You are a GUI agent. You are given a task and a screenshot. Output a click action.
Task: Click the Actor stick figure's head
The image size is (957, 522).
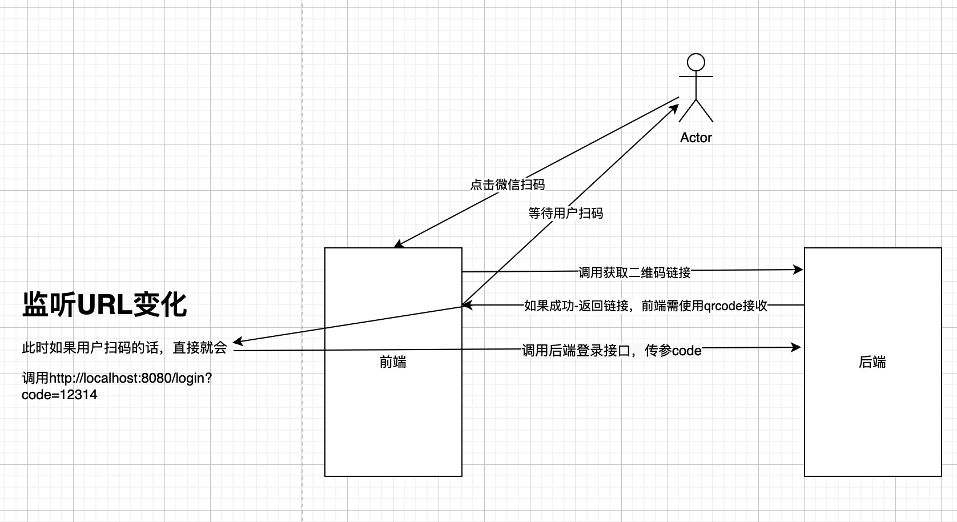click(x=695, y=62)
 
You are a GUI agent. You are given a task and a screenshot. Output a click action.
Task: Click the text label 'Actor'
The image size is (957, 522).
click(x=695, y=138)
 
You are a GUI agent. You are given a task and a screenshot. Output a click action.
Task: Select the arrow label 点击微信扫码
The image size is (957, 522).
click(x=507, y=184)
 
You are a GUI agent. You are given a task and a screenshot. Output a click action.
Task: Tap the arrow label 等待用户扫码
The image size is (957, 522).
click(x=565, y=213)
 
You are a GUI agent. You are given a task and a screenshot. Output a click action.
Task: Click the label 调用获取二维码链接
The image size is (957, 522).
click(x=634, y=272)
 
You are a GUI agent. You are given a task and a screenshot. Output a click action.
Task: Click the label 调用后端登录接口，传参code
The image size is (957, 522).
click(x=612, y=350)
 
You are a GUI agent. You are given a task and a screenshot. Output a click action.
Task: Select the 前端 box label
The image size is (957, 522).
click(x=393, y=362)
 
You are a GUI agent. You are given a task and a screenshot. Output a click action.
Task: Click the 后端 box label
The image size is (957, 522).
click(x=872, y=362)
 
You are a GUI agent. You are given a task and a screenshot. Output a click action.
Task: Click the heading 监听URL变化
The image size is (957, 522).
click(x=104, y=304)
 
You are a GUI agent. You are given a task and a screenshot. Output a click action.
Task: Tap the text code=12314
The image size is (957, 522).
click(x=59, y=395)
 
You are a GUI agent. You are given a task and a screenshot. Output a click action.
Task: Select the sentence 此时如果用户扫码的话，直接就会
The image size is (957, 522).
click(x=124, y=348)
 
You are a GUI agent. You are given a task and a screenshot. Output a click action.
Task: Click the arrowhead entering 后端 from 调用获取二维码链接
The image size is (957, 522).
click(x=799, y=270)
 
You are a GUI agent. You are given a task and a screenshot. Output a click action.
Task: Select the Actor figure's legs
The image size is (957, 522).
click(x=695, y=111)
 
